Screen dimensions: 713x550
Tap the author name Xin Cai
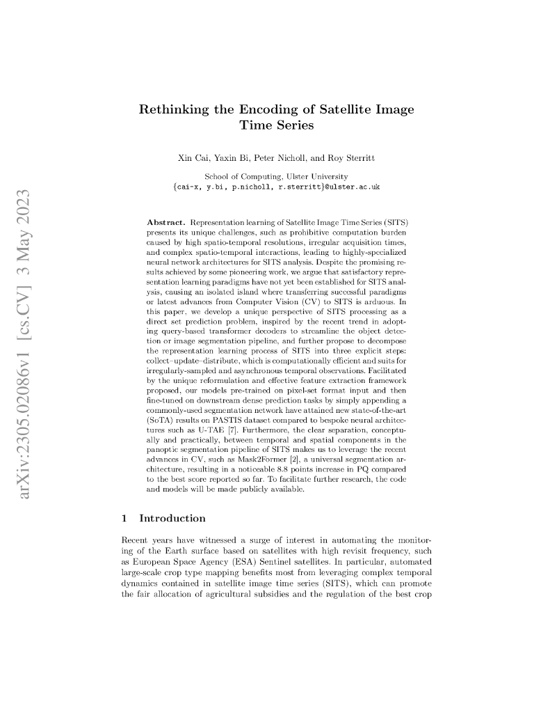[194, 159]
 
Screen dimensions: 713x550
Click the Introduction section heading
[172, 518]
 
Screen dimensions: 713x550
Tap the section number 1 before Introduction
[124, 518]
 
